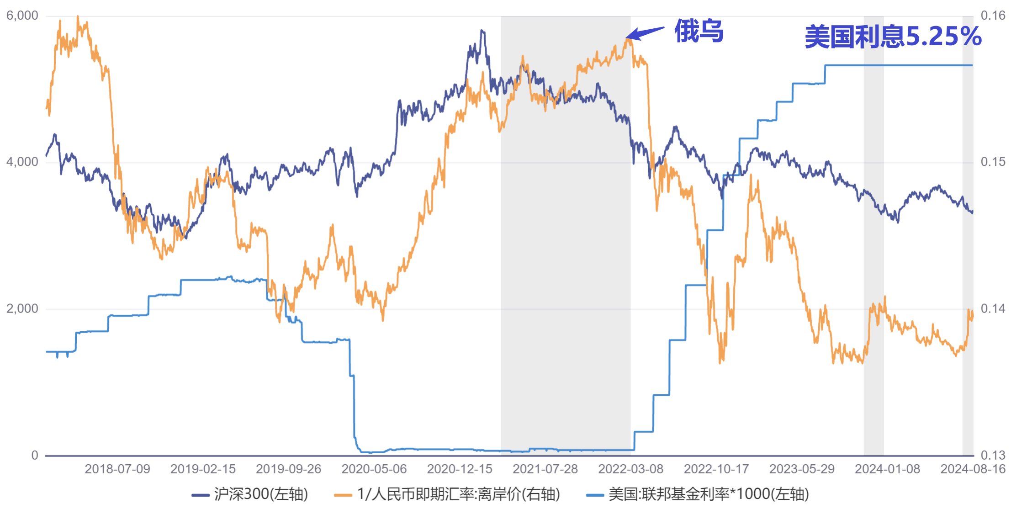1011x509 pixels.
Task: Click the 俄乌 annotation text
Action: coord(699,31)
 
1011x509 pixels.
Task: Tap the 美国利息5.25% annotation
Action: coord(893,37)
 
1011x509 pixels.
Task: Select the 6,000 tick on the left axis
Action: coord(22,16)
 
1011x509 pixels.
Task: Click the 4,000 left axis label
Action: coord(22,162)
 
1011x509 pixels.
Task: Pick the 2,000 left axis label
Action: coord(22,308)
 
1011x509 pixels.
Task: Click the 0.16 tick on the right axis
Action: coord(993,16)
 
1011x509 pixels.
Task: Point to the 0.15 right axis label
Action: coord(993,162)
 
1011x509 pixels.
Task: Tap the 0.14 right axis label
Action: coord(993,308)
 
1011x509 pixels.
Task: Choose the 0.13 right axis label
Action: coord(993,455)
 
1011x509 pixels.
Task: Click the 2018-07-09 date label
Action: coord(117,469)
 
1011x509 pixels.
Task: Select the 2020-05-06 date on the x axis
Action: coord(374,469)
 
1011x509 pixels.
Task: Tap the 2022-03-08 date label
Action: coord(631,469)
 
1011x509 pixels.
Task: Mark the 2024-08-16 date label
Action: coord(973,469)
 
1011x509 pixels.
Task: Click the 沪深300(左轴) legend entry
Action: coord(250,494)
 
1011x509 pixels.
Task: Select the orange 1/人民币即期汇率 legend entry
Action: coord(447,494)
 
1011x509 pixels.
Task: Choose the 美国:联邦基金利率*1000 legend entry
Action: coord(698,494)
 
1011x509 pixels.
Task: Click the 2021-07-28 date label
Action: coord(545,469)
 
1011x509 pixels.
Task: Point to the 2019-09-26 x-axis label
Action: coord(289,469)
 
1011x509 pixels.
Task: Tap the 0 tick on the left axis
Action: coord(35,455)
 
